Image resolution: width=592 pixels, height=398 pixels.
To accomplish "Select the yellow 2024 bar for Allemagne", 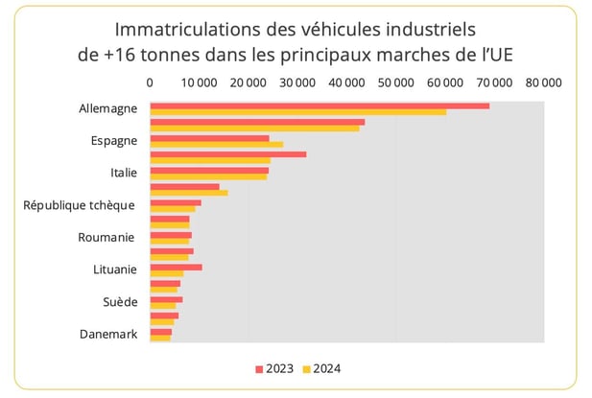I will pos(297,112).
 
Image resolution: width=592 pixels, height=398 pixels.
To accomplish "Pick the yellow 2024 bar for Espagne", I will pos(216,145).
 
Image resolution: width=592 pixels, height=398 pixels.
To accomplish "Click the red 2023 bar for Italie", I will pos(209,170).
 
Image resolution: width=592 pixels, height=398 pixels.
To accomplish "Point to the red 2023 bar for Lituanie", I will pos(176,267).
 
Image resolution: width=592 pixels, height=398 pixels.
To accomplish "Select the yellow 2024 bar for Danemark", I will pos(160,338).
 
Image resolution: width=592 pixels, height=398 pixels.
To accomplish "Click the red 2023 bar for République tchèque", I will pos(176,202).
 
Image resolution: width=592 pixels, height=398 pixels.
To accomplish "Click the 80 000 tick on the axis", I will pos(543,83).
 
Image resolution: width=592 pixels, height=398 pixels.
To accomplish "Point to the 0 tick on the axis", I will pos(150,83).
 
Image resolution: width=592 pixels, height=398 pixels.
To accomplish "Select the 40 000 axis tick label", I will pos(346,83).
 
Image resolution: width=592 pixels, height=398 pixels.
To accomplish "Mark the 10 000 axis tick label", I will pos(199,83).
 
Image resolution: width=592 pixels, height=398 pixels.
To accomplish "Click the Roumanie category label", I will pos(106,237).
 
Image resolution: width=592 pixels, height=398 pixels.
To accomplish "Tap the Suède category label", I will pos(119,302).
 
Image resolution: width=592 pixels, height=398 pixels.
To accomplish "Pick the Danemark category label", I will pos(108,334).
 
